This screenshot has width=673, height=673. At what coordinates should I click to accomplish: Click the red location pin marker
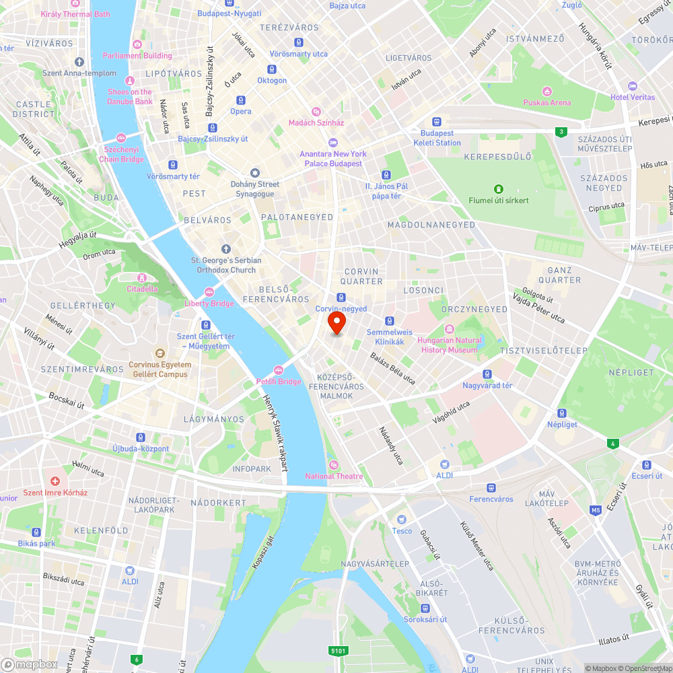(x=336, y=324)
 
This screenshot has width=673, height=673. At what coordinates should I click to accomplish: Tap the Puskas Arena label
(x=547, y=102)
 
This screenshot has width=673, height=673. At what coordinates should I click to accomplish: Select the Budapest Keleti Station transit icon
(x=436, y=122)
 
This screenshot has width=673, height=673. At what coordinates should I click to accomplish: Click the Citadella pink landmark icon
(x=142, y=278)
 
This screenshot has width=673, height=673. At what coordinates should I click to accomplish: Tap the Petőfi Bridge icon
(x=279, y=370)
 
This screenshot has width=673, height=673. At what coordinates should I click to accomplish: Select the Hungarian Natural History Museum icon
(x=449, y=330)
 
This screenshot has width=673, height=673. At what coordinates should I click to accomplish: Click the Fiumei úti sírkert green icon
(x=499, y=189)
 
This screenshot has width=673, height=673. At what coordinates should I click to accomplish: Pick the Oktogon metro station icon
(x=271, y=69)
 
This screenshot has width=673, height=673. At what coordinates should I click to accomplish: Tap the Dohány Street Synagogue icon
(x=254, y=173)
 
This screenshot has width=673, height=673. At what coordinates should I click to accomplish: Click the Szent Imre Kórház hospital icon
(x=55, y=481)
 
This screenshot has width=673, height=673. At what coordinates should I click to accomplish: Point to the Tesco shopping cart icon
(x=402, y=520)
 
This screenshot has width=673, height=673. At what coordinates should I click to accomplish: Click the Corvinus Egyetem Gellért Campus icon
(x=160, y=353)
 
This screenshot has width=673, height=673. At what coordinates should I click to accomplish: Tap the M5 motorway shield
(x=595, y=509)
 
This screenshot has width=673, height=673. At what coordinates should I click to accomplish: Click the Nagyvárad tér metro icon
(x=487, y=374)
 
